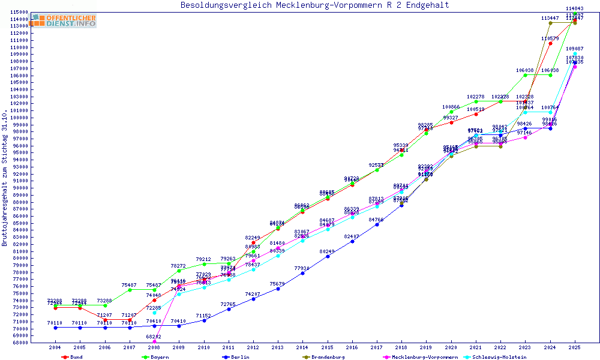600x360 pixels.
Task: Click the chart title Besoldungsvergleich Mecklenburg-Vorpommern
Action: [x=314, y=5]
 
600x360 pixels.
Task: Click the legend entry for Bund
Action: [x=72, y=357]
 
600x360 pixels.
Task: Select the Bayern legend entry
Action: [x=155, y=357]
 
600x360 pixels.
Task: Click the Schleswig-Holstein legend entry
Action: [x=514, y=357]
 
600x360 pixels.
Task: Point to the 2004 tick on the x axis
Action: [x=55, y=347]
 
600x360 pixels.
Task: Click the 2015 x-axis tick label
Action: [x=327, y=347]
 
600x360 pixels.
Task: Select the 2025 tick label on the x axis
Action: [x=575, y=347]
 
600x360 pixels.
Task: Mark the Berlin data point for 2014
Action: [x=302, y=273]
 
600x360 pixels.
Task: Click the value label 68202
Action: [x=154, y=337]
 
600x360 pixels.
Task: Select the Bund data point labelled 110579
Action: [x=550, y=43]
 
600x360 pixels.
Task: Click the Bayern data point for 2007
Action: [x=130, y=290]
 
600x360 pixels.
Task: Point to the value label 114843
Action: [x=575, y=8]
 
